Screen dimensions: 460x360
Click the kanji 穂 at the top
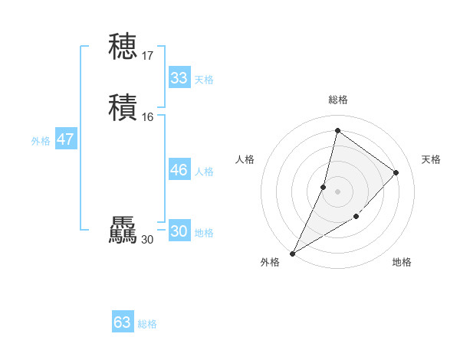click(123, 47)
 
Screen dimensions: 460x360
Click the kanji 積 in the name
click(123, 108)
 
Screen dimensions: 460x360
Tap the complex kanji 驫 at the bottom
click(123, 231)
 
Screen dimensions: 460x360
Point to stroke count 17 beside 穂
click(147, 56)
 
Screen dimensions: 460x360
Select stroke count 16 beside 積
click(147, 117)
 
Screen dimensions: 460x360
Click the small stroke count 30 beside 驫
click(147, 240)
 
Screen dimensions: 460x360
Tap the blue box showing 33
click(179, 78)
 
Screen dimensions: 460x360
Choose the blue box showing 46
click(179, 170)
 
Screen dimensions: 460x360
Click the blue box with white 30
click(179, 231)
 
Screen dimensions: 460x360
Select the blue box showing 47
click(65, 139)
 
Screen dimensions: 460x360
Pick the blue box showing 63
click(123, 322)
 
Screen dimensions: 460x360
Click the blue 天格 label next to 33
click(204, 80)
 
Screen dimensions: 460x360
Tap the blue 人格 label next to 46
click(204, 172)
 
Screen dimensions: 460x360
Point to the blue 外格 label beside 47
click(41, 141)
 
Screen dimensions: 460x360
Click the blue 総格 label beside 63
click(147, 324)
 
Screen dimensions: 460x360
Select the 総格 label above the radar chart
click(337, 100)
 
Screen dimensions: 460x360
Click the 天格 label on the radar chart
click(431, 159)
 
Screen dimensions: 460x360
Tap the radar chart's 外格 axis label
click(270, 262)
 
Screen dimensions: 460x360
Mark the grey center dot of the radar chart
click(337, 191)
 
